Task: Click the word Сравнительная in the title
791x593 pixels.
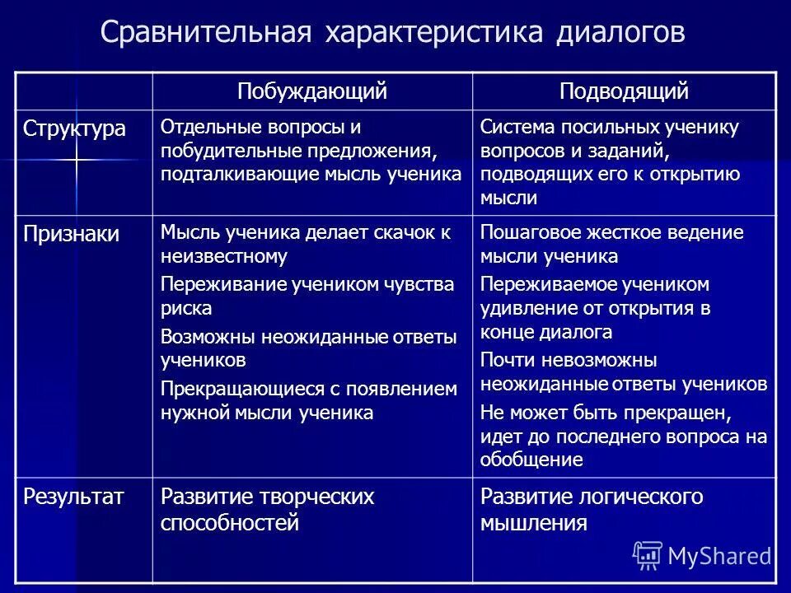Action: [x=205, y=34]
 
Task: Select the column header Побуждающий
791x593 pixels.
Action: [x=312, y=91]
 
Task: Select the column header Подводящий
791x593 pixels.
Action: [x=624, y=91]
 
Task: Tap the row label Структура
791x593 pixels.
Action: [x=74, y=129]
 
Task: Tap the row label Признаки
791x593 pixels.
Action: [x=71, y=234]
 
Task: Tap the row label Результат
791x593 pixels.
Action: [x=73, y=497]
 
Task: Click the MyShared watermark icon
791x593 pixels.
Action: [x=648, y=556]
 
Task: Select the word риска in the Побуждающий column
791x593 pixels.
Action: [x=186, y=309]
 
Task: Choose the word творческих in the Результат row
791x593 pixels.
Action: [x=316, y=497]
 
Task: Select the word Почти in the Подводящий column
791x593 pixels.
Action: [x=503, y=360]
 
